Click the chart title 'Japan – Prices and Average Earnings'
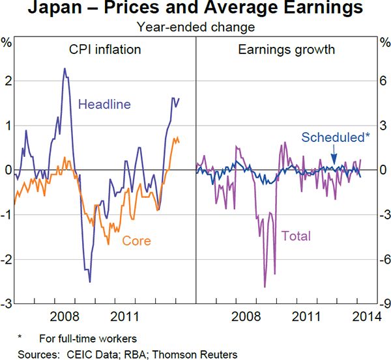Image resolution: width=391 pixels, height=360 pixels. click(x=195, y=10)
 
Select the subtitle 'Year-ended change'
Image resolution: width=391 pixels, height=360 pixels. click(x=195, y=27)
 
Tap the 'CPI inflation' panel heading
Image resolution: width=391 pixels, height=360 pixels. click(x=105, y=49)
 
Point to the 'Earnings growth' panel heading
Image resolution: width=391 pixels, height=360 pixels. click(x=286, y=49)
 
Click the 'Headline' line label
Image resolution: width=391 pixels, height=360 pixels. click(x=104, y=104)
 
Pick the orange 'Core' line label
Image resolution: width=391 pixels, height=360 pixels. click(x=137, y=241)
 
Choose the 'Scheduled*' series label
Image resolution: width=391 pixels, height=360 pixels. click(x=336, y=137)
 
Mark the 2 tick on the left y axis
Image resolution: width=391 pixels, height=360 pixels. click(x=7, y=81)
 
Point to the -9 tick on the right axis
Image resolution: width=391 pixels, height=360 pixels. click(x=384, y=304)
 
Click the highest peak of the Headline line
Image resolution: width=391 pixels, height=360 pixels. click(x=65, y=68)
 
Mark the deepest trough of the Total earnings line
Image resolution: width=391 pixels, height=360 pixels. click(x=265, y=286)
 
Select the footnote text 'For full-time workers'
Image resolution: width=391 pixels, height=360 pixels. click(x=87, y=339)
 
